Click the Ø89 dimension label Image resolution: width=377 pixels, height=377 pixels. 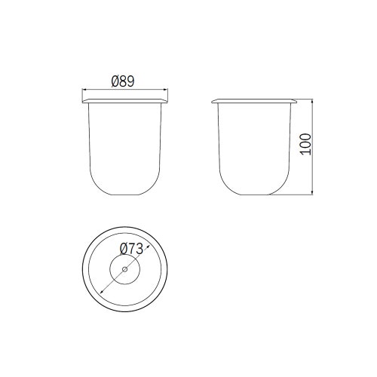tap(123, 81)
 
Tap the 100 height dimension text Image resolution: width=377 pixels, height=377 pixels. tap(306, 144)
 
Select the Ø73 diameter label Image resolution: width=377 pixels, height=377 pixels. tap(131, 249)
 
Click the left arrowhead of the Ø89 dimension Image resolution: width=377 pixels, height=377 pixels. tap(84, 89)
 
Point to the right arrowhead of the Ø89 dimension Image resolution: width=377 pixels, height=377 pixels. tap(166, 89)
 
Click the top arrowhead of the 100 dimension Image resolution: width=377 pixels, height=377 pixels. tap(312, 101)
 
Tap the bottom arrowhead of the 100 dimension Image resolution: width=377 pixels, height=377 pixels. tap(312, 192)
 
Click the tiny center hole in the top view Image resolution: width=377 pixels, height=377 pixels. tap(125, 269)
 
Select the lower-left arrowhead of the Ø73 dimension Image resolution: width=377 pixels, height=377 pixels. tap(102, 292)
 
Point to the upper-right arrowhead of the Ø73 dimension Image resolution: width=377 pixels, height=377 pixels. tap(148, 247)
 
